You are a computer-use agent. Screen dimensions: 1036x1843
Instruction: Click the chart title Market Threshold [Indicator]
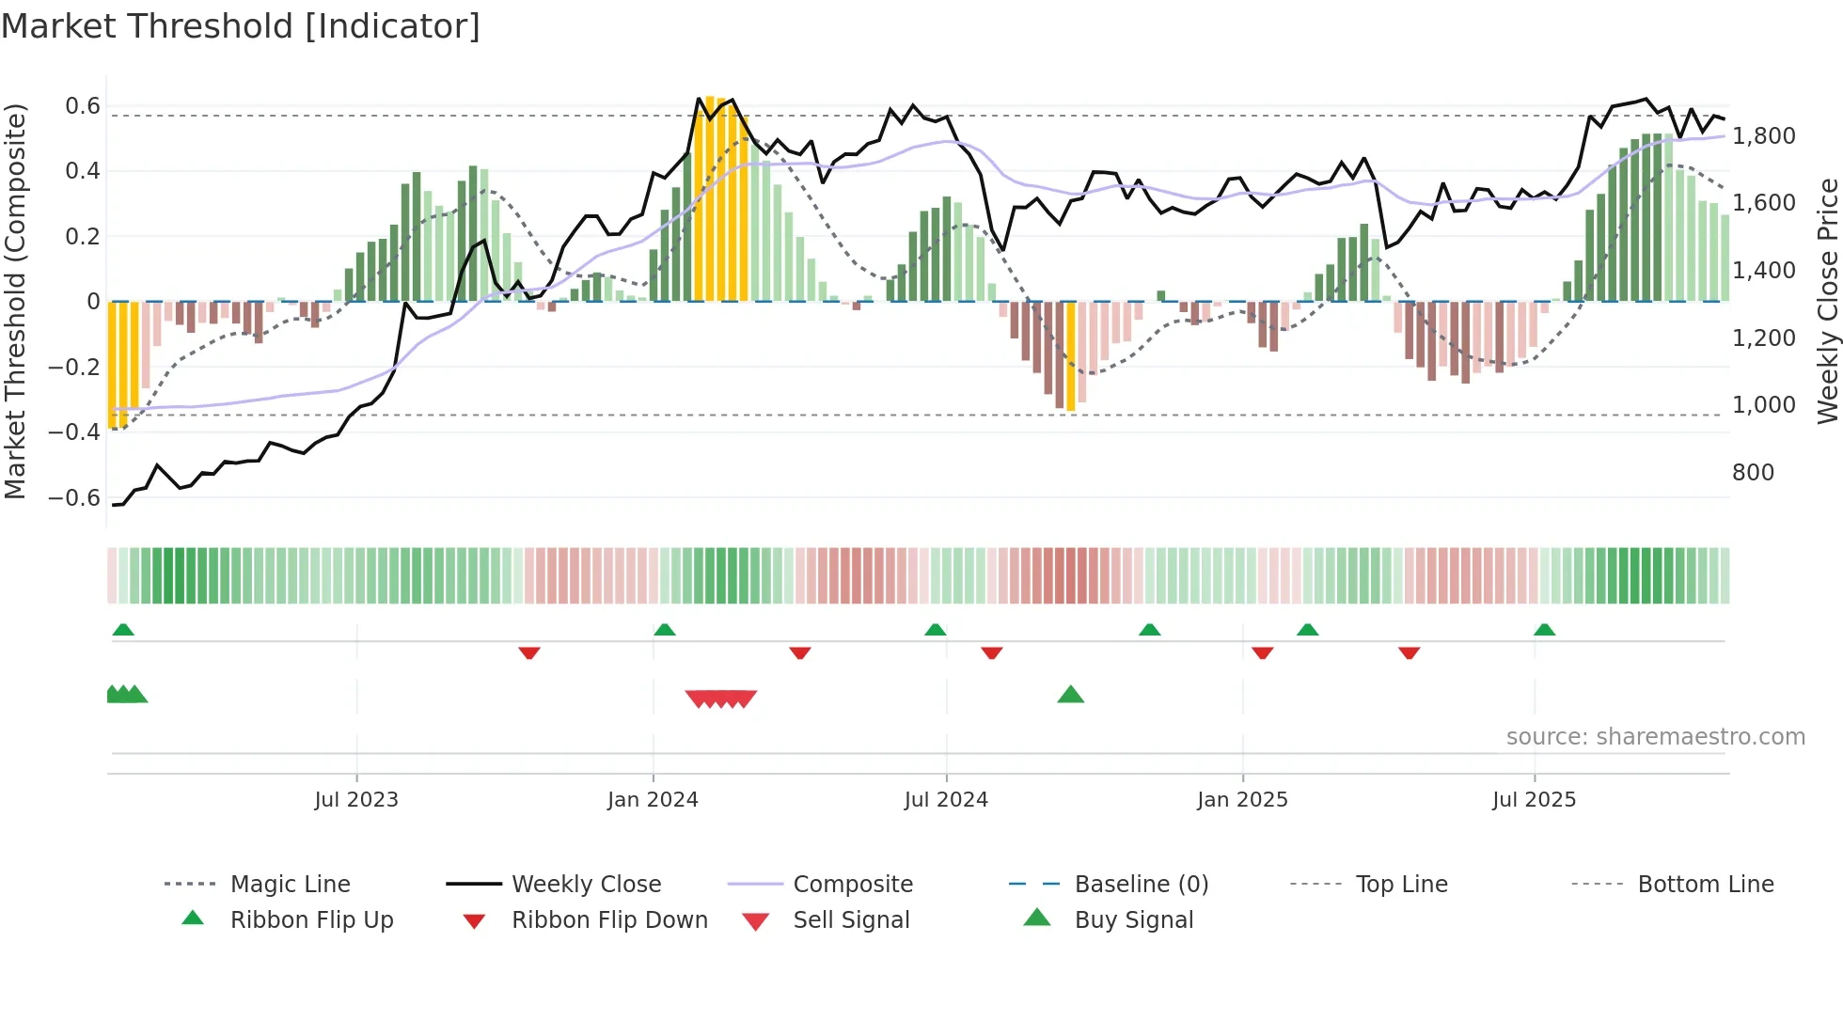241,26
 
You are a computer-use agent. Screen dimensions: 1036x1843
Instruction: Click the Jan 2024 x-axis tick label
653,800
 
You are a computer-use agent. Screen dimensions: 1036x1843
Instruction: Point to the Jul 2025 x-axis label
1534,800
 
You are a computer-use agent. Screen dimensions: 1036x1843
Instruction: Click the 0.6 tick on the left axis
83,106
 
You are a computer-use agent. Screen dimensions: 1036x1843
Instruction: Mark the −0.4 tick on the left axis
74,432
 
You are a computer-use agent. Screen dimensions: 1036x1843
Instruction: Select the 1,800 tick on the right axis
1763,136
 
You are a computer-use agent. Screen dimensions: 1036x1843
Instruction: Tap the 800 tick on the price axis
1753,473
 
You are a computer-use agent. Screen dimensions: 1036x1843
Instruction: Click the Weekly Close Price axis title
1827,301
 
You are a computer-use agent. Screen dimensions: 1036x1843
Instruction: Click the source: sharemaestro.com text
1655,737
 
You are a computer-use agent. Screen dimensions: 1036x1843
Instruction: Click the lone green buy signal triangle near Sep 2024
1070,695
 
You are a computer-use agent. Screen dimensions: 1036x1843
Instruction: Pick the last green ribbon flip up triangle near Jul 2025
1544,630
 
